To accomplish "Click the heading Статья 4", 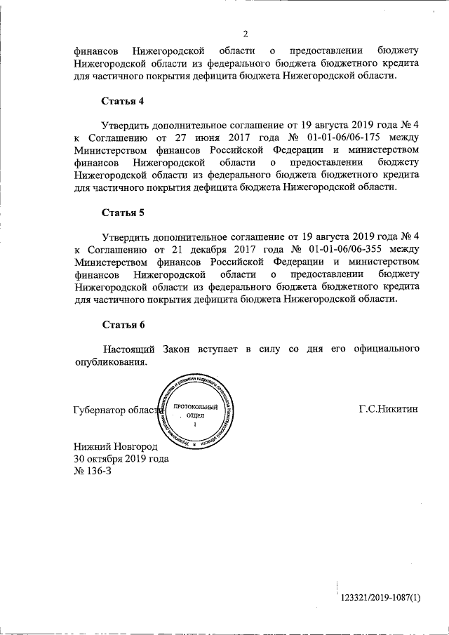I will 123,101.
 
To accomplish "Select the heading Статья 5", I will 123,212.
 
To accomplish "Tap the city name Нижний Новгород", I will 116,446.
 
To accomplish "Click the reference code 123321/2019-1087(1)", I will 380,597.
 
